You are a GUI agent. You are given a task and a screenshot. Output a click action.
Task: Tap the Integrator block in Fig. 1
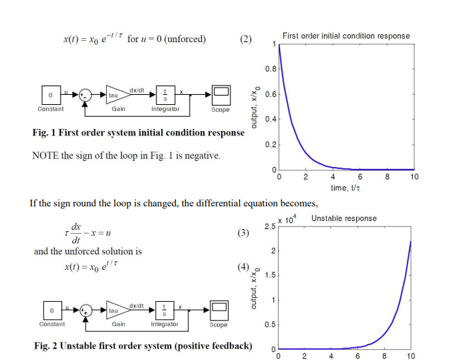pyautogui.click(x=164, y=94)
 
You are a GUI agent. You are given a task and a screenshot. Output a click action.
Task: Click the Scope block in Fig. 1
pyautogui.click(x=220, y=94)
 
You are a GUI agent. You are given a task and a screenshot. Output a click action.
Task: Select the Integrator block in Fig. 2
pyautogui.click(x=164, y=310)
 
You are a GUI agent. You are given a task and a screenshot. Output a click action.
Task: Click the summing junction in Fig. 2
pyautogui.click(x=86, y=310)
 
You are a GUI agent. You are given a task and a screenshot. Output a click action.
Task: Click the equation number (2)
pyautogui.click(x=245, y=39)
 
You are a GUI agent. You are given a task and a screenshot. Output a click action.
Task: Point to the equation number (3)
pyautogui.click(x=243, y=233)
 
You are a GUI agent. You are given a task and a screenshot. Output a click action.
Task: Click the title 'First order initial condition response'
pyautogui.click(x=346, y=35)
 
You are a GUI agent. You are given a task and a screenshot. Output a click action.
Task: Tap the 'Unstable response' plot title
pyautogui.click(x=343, y=218)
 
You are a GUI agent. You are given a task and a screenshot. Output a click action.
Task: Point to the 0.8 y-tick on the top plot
pyautogui.click(x=270, y=69)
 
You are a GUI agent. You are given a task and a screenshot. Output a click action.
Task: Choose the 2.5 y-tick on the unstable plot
pyautogui.click(x=269, y=227)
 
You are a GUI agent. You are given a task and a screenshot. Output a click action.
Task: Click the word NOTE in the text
pyautogui.click(x=45, y=156)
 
